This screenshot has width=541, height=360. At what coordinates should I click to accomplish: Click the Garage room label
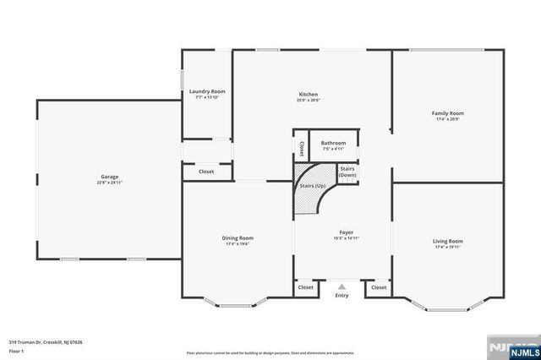click(110, 177)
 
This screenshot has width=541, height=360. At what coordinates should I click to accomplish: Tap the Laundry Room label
click(206, 91)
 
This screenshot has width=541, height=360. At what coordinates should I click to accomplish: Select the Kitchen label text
click(308, 94)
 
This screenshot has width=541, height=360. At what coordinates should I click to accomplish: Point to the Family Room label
click(447, 113)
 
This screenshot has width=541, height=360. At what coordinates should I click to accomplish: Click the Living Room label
click(447, 241)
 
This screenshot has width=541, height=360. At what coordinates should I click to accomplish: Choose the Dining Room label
click(238, 238)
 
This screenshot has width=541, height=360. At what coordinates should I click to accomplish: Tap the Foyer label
click(347, 232)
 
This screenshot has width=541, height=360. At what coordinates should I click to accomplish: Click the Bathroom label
click(333, 143)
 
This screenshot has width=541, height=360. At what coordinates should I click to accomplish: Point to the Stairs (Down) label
click(347, 172)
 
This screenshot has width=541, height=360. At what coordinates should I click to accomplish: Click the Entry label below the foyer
click(342, 296)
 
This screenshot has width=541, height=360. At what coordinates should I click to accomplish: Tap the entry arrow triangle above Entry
click(342, 287)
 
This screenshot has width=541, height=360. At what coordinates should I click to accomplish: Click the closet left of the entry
click(305, 287)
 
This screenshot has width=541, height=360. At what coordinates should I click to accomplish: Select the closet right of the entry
click(379, 287)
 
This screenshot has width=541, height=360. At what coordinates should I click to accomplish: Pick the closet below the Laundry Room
click(206, 172)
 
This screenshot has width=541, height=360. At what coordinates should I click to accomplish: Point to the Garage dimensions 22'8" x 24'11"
click(110, 183)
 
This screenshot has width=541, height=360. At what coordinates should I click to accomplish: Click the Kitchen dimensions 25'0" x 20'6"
click(308, 100)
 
